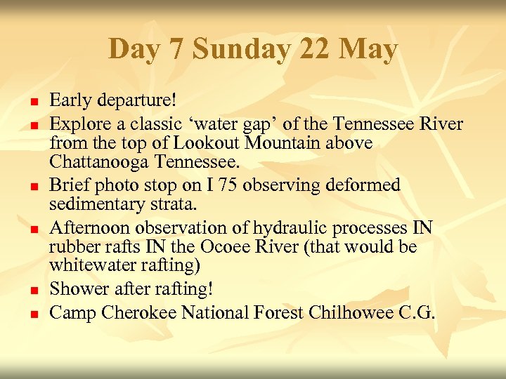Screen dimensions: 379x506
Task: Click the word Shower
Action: [x=79, y=289]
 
